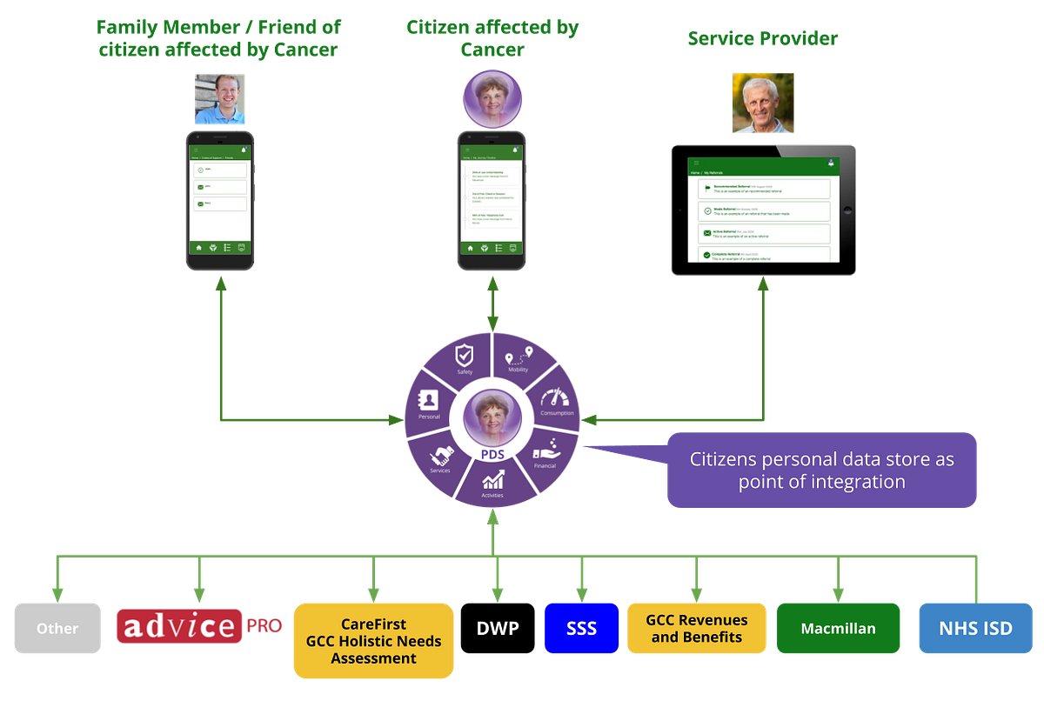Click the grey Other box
pos(57,628)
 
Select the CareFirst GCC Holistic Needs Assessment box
pos(373,641)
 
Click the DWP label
pos(498,628)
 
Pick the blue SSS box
pos(581,628)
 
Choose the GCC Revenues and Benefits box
pos(697,628)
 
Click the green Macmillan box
pos(838,628)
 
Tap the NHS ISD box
pos(974,628)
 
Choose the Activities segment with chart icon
pos(493,484)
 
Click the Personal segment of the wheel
pos(429,404)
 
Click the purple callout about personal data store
pos(821,470)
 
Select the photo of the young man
pos(220,98)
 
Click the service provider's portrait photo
pos(763,103)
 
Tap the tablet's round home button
pos(848,210)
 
